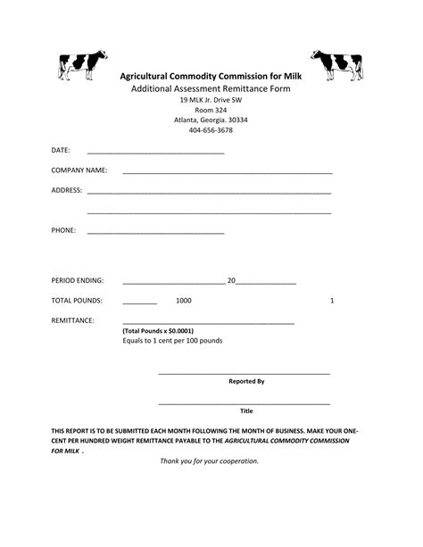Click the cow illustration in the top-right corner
[x=336, y=63]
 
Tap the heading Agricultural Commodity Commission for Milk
[x=211, y=77]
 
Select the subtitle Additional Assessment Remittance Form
[x=211, y=90]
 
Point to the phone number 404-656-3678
[x=211, y=130]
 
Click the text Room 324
[x=211, y=110]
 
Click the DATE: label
[x=61, y=150]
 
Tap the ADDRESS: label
[x=67, y=190]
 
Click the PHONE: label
[x=63, y=230]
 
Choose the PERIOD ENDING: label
[x=78, y=280]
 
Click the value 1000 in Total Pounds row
[x=183, y=301]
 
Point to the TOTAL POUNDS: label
[x=77, y=301]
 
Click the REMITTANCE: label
[x=72, y=320]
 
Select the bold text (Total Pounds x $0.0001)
[x=157, y=331]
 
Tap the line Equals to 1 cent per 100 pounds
[x=172, y=341]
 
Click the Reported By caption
[x=246, y=381]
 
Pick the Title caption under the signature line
[x=246, y=411]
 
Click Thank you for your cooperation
[x=209, y=461]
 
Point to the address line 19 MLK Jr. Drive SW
[x=211, y=100]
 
